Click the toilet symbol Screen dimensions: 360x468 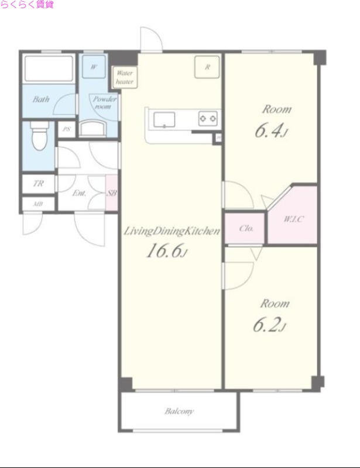[x=40, y=135]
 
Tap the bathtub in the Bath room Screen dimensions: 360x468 [x=49, y=68]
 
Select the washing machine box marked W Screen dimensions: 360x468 [x=94, y=67]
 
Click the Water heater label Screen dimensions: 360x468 [x=125, y=77]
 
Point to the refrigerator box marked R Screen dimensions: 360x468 [x=207, y=67]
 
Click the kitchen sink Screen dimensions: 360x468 [x=164, y=120]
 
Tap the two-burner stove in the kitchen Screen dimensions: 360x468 [x=208, y=119]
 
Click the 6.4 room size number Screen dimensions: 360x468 [x=271, y=130]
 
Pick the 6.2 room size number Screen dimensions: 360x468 [x=269, y=325]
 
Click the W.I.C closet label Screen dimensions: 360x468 [x=294, y=219]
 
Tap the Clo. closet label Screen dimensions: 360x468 [x=246, y=229]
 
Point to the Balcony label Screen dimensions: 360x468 [x=179, y=412]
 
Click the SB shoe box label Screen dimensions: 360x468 [x=112, y=193]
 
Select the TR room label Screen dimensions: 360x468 [x=38, y=184]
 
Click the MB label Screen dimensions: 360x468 [x=38, y=204]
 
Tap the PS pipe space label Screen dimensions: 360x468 [x=66, y=129]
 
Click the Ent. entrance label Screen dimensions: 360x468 [x=79, y=194]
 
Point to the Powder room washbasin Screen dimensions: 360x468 [x=93, y=128]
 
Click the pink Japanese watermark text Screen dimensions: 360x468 [x=27, y=5]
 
